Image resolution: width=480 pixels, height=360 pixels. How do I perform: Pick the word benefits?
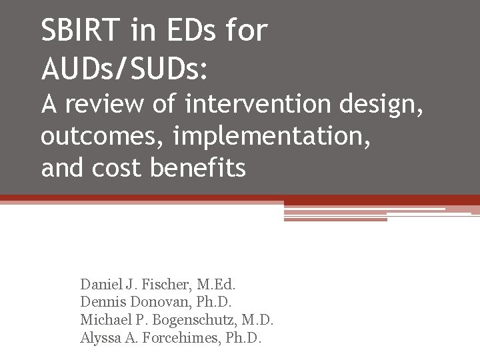(x=198, y=168)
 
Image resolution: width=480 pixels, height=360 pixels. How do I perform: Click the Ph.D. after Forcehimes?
(x=243, y=338)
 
